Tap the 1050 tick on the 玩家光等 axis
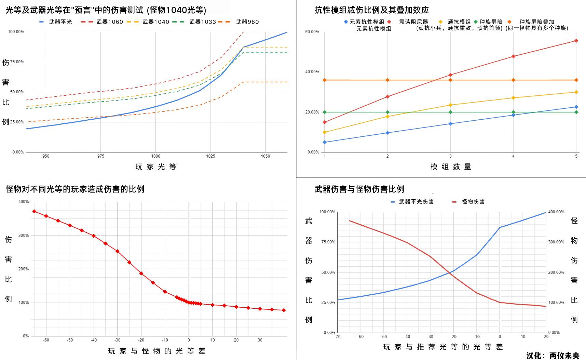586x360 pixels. click(265, 156)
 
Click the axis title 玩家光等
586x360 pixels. click(156, 167)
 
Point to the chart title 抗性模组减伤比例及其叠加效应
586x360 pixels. click(371, 10)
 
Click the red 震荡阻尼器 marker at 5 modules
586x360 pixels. click(576, 41)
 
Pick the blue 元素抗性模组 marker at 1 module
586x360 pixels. click(325, 142)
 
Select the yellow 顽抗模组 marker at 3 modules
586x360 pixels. click(450, 105)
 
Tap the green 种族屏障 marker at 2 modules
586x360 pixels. click(387, 112)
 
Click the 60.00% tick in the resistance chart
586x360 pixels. click(312, 32)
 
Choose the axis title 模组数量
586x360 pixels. click(451, 167)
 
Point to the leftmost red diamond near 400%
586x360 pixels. click(34, 211)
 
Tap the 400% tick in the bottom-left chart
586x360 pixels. click(24, 202)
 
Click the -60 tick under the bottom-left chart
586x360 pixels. click(46, 340)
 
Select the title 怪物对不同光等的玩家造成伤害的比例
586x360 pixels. click(75, 189)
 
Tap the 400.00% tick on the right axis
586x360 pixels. click(556, 212)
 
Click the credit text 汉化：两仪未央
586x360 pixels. click(553, 356)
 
